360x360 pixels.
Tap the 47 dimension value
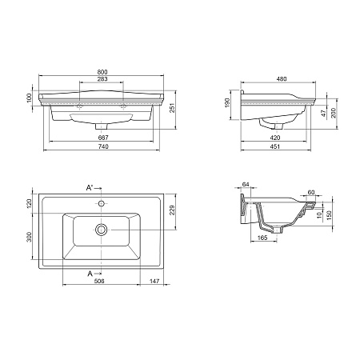click(x=322, y=115)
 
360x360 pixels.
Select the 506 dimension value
click(x=98, y=282)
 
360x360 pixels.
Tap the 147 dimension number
click(x=154, y=282)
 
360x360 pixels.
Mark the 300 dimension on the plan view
click(x=30, y=238)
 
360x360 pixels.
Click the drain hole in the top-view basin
click(x=100, y=230)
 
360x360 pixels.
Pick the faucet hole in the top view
click(x=100, y=203)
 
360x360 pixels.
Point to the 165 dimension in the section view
click(x=262, y=238)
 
